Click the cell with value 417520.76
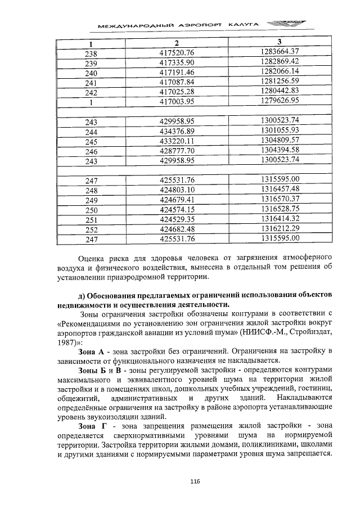[x=177, y=53]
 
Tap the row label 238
[x=91, y=53]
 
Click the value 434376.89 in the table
[x=177, y=131]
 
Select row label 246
[x=91, y=151]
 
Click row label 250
[x=91, y=210]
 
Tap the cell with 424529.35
[x=177, y=219]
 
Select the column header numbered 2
[x=176, y=43]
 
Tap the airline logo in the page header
[x=284, y=24]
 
